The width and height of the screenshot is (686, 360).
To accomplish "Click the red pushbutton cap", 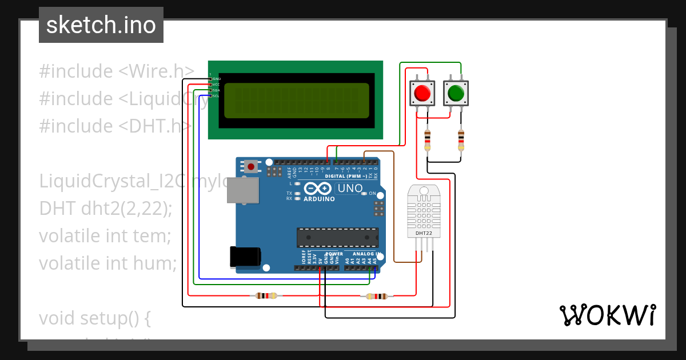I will (x=422, y=93).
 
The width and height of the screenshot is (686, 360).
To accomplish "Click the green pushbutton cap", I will (x=456, y=93).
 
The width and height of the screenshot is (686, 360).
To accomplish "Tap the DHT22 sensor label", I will (x=424, y=233).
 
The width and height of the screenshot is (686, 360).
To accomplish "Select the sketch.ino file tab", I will (x=101, y=25).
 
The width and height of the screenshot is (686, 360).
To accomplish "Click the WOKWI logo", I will (x=607, y=315).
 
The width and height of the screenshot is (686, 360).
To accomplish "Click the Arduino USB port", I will (x=243, y=190).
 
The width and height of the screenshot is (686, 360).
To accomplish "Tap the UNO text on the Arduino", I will (x=350, y=189).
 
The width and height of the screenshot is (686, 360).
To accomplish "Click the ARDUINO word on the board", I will (x=319, y=199).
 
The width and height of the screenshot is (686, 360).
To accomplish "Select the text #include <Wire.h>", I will (x=117, y=71).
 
